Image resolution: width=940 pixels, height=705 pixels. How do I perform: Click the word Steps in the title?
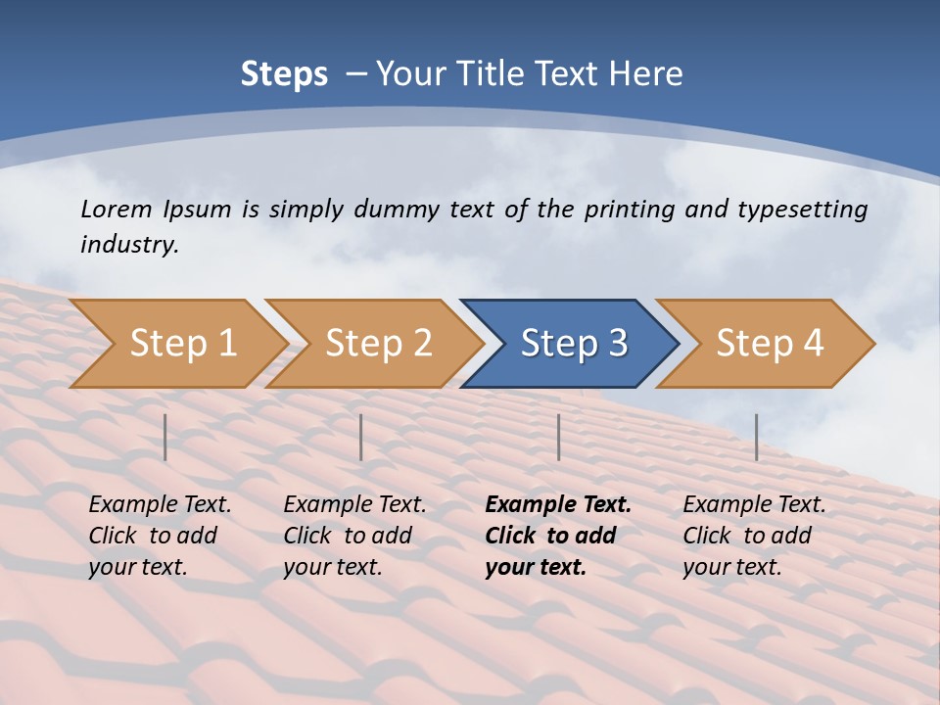click(284, 74)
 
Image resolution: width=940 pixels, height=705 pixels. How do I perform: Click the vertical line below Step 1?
click(165, 437)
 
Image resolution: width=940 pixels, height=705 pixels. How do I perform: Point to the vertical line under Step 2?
click(361, 437)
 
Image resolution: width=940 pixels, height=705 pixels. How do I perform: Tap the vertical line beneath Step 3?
click(559, 437)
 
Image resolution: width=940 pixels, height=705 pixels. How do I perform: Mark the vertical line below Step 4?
click(757, 437)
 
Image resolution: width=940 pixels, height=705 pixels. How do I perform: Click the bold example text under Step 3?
click(557, 536)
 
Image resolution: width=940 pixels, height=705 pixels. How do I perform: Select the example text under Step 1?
click(160, 536)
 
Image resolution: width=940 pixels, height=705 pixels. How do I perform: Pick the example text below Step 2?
click(354, 536)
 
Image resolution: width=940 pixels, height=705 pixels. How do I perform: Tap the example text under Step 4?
click(754, 536)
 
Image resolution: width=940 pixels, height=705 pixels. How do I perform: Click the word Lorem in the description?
click(117, 210)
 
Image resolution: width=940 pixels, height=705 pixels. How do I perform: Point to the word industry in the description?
click(129, 245)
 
